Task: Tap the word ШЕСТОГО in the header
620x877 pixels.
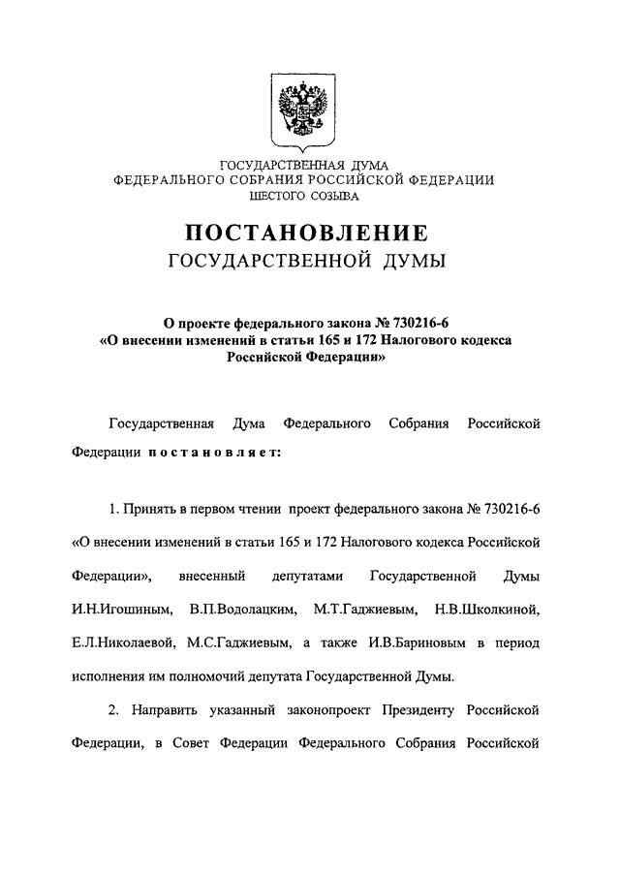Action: click(277, 197)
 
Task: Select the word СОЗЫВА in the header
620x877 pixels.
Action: click(333, 197)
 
